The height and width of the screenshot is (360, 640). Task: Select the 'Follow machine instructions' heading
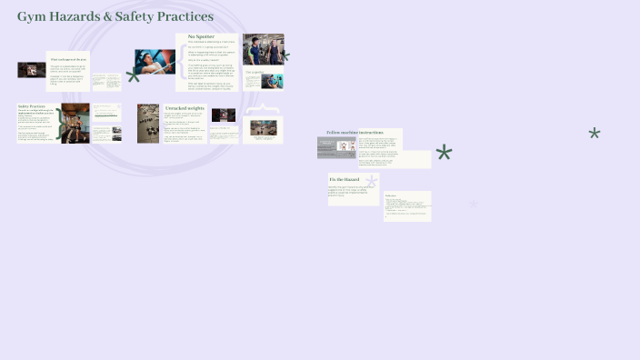tap(355, 133)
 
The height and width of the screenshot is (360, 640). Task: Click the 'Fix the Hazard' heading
tap(345, 179)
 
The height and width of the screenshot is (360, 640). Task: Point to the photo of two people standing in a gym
tap(263, 49)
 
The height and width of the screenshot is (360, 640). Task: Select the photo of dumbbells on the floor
tap(148, 123)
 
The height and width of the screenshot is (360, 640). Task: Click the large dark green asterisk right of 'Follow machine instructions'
tap(444, 153)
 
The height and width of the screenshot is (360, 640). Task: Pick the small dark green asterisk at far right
tap(595, 134)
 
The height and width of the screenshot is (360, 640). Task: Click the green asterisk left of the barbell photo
tap(134, 75)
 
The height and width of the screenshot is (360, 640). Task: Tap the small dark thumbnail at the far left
tap(32, 70)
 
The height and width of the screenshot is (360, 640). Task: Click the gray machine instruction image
tap(336, 147)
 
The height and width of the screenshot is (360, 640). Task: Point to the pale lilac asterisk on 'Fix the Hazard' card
tap(371, 182)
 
